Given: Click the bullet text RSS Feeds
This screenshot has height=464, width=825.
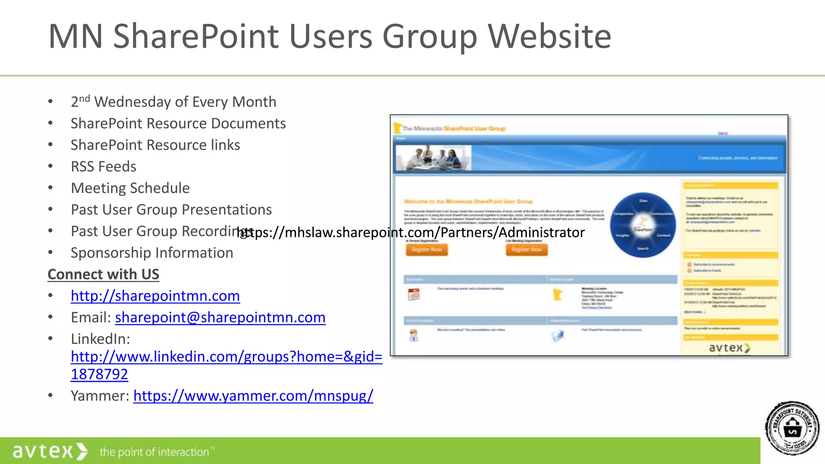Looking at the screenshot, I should coord(104,166).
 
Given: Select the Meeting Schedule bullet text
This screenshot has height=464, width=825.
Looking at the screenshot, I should coord(130,188).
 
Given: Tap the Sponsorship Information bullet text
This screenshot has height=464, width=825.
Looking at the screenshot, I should coord(152,253).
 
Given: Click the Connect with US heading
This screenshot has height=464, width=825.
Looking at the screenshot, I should coord(104,274).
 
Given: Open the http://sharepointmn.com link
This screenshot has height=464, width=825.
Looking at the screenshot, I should coord(155,296).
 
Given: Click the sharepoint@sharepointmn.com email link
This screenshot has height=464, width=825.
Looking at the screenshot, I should coord(220,317).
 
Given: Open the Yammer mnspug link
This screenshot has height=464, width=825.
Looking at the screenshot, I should coord(253,396).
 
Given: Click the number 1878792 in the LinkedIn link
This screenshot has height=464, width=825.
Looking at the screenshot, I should coord(99,375).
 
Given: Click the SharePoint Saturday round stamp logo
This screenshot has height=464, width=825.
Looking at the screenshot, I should coord(792,429).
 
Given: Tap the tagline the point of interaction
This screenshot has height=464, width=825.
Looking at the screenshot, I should coord(155,452).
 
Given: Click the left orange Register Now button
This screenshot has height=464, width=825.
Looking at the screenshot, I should coord(427,250).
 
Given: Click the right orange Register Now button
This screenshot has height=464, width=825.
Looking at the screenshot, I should coord(527,250).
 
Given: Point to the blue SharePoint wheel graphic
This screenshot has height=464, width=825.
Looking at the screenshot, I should coord(643,225).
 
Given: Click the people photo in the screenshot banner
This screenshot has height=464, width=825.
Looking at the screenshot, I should coord(433,158).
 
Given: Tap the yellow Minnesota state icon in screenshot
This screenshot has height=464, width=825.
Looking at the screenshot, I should coord(558,295).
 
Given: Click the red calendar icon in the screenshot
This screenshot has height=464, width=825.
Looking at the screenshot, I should coord(414,294).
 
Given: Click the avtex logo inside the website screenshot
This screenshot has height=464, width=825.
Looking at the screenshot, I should coord(729,348).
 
